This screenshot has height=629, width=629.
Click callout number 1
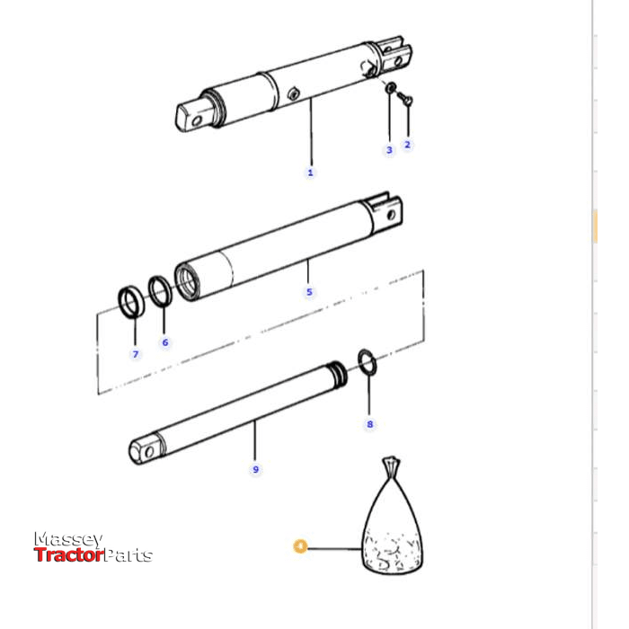click(311, 173)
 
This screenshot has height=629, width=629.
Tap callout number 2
click(407, 145)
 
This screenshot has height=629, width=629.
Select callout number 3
click(389, 150)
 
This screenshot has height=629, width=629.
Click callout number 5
click(309, 292)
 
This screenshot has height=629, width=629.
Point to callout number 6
click(164, 342)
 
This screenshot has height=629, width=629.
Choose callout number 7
click(136, 354)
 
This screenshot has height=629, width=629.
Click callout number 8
click(369, 423)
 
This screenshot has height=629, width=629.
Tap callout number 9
click(255, 469)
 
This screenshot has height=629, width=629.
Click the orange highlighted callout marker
click(300, 545)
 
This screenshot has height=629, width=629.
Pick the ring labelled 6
click(160, 291)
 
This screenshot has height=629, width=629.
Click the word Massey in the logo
click(68, 539)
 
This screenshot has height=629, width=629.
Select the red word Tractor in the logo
click(69, 555)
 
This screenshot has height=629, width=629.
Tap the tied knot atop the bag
click(389, 465)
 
